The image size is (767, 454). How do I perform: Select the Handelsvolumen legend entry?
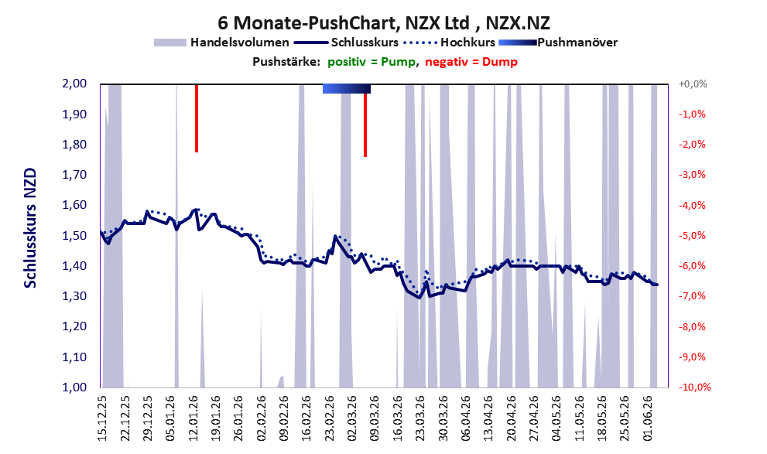tap(221, 43)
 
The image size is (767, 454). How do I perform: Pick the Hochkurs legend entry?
tap(450, 43)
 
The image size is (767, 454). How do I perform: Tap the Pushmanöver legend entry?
tap(558, 43)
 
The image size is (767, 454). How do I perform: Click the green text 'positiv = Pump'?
tap(372, 62)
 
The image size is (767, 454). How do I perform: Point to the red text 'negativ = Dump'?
tap(471, 62)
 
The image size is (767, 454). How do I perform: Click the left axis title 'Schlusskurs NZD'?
tap(30, 228)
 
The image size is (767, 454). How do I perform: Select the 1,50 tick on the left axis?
tap(74, 236)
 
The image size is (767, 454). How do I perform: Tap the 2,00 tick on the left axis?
tap(74, 84)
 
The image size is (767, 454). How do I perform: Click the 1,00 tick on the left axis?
tap(74, 387)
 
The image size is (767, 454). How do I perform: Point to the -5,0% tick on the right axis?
tap(692, 236)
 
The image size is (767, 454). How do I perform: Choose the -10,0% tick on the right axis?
tap(694, 387)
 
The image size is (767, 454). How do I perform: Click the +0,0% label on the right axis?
tap(693, 84)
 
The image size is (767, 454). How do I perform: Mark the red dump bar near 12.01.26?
tap(197, 118)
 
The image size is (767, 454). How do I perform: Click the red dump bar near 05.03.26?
tap(365, 125)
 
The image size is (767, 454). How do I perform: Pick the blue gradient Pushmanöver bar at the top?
tap(347, 89)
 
